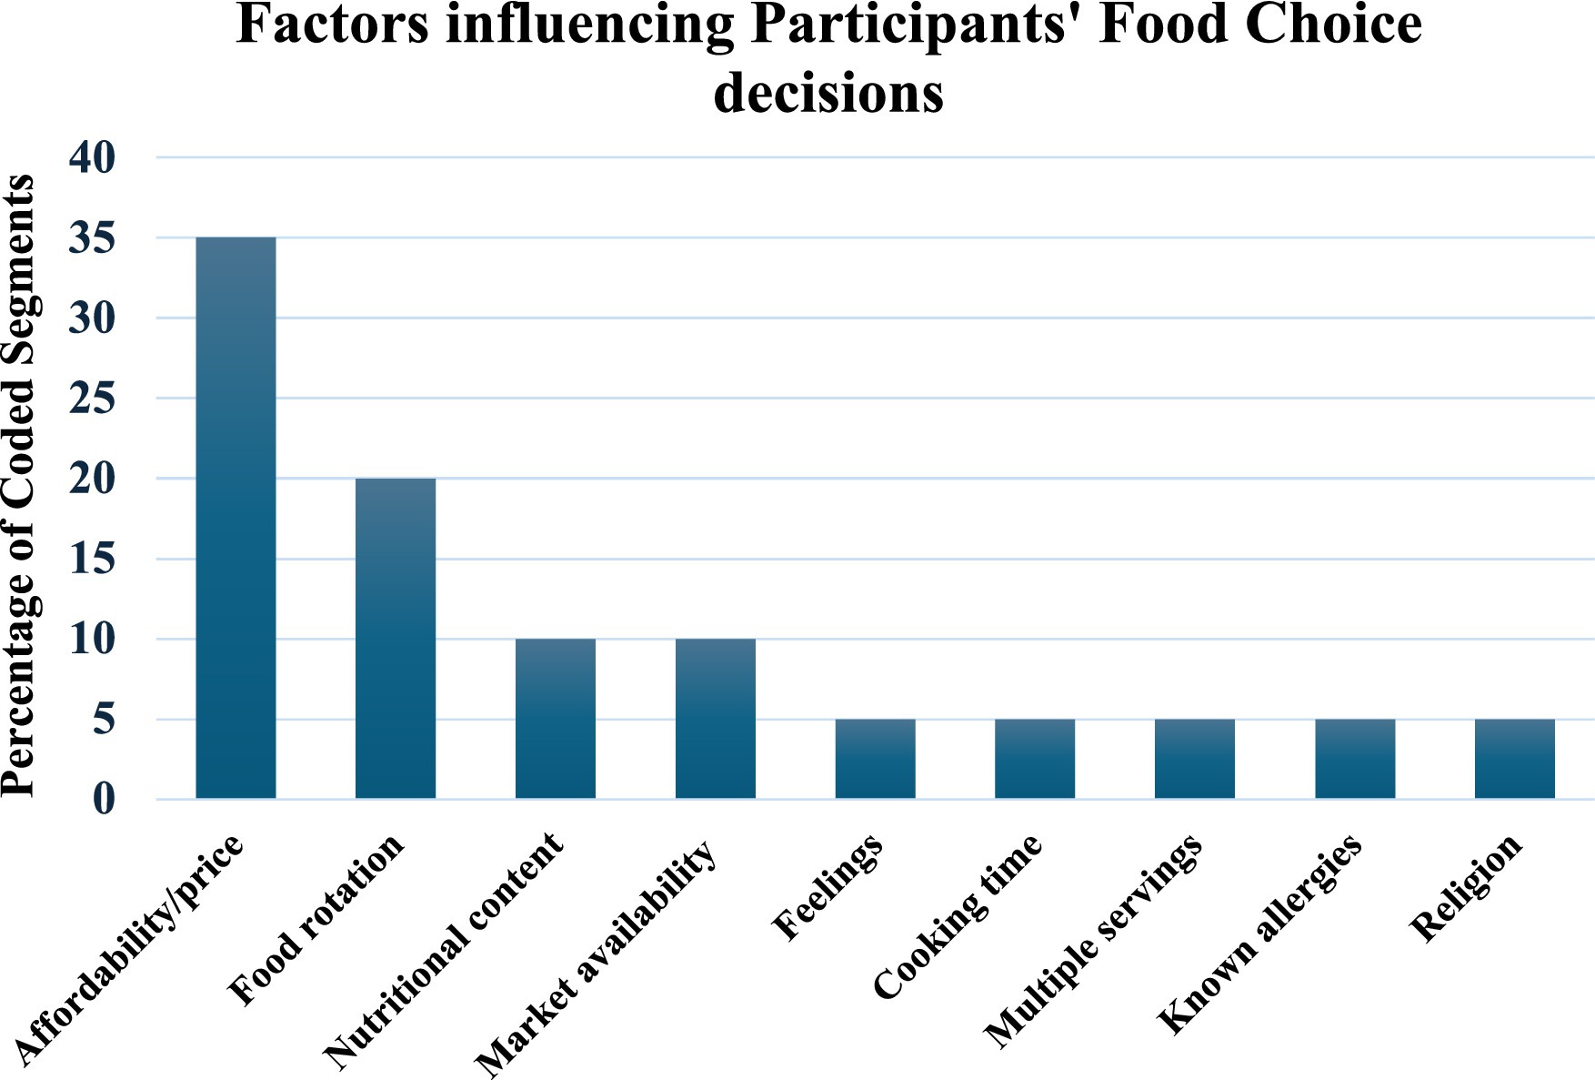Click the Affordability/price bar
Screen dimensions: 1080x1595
(x=236, y=518)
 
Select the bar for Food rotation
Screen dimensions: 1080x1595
(x=396, y=638)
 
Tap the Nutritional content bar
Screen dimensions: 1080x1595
(x=556, y=719)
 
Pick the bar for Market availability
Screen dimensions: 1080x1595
(x=716, y=719)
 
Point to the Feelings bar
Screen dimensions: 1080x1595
(x=875, y=759)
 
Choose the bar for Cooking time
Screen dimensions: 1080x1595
(x=1035, y=759)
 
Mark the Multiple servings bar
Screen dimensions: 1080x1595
(x=1195, y=759)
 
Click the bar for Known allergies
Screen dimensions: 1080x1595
(x=1355, y=759)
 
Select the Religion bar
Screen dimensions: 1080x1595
(x=1515, y=759)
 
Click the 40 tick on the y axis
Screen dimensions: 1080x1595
(x=93, y=158)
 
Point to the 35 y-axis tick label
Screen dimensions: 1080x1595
(x=93, y=238)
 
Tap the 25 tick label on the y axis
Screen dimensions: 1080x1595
(x=93, y=399)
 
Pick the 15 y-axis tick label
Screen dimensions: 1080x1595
(x=93, y=559)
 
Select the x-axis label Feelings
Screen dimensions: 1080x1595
(x=828, y=886)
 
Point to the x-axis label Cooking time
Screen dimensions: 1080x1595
(x=958, y=917)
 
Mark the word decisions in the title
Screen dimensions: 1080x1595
(x=828, y=94)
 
